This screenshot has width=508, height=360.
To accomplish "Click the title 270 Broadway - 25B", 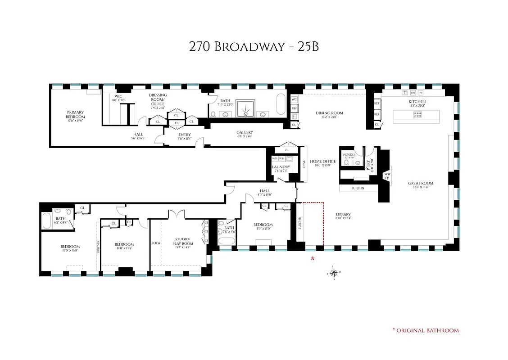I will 254,47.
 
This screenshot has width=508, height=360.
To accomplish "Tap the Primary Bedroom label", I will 76,114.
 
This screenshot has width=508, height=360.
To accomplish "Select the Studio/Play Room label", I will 182,242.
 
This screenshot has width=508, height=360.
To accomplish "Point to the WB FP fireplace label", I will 386,175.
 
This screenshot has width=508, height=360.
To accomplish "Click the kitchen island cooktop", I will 417,115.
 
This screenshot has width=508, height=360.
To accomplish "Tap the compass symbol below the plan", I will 333,273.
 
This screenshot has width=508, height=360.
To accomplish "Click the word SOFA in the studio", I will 156,243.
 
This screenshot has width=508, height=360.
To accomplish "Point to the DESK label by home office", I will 304,163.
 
